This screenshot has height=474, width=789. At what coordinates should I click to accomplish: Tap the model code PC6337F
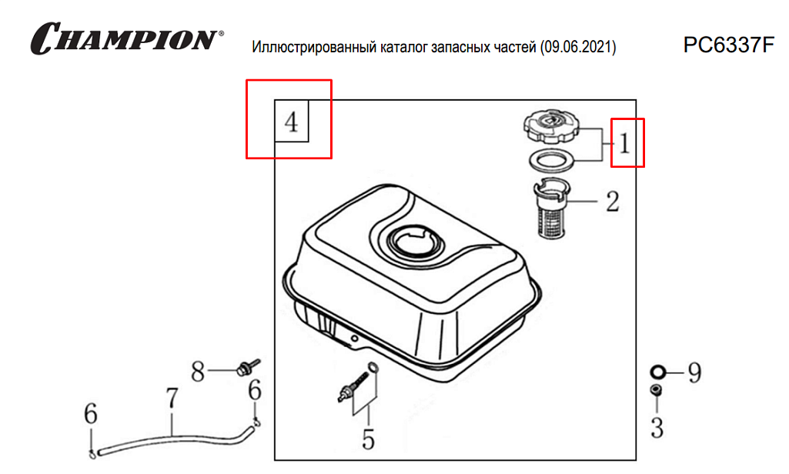coord(728,45)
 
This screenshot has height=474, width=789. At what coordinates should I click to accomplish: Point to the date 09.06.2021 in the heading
coord(577,47)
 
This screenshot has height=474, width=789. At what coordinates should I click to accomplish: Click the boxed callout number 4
coord(291,122)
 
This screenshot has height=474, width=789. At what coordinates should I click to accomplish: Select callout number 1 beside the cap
coord(624,143)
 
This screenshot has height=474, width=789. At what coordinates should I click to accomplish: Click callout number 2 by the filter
coord(613,202)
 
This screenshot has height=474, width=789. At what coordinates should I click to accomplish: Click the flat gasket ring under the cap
coord(551,161)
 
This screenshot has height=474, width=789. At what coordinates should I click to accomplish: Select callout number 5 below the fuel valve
coord(369,439)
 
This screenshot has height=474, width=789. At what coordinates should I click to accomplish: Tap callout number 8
coord(198,372)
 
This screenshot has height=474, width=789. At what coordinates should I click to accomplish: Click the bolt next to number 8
coord(247,367)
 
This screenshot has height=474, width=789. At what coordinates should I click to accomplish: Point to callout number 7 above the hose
coord(172,398)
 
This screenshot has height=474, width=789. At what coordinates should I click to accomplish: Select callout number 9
coord(695,372)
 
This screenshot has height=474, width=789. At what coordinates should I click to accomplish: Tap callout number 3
coord(657,427)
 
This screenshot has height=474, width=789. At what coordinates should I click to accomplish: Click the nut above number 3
coord(656,390)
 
